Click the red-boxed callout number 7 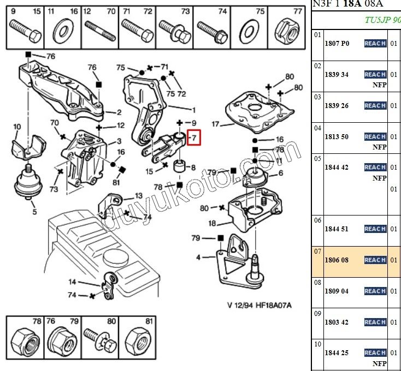click(193, 139)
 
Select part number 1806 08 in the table click(337, 261)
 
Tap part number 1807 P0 click(337, 44)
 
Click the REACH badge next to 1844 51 click(375, 229)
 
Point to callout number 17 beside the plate click(215, 124)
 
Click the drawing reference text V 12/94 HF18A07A click(259, 305)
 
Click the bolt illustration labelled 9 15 click(25, 30)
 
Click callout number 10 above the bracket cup click(16, 127)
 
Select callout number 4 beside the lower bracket click(198, 258)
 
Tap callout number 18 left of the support click(211, 224)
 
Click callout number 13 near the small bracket click(138, 195)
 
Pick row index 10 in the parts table click(317, 344)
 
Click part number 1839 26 click(337, 106)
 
